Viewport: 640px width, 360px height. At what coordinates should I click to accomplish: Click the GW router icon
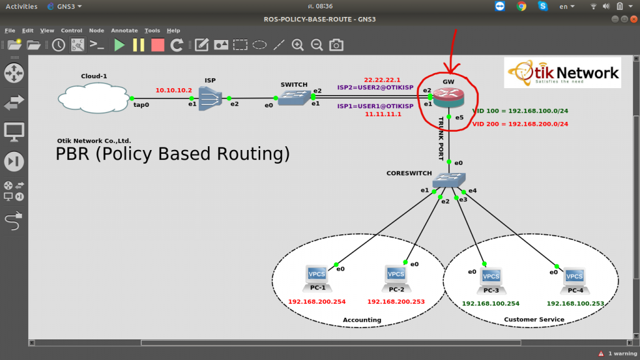[449, 97]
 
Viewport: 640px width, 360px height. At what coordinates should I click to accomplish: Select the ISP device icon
[210, 99]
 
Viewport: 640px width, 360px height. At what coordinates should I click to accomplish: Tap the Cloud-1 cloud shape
[94, 98]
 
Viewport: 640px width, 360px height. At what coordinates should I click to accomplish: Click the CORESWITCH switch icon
[449, 180]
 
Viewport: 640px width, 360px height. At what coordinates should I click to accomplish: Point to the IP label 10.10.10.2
[174, 90]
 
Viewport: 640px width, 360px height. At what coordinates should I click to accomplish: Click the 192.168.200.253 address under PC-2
[396, 302]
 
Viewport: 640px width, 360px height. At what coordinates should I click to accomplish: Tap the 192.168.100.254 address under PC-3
[491, 304]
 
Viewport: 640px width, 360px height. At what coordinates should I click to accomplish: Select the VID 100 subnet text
[520, 111]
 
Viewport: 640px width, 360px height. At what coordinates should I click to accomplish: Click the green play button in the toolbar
[119, 45]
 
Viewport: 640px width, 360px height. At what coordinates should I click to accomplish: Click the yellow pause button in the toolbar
[138, 45]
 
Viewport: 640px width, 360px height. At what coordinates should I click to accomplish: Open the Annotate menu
[124, 31]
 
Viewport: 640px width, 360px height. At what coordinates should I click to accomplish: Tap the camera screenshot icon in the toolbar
[336, 45]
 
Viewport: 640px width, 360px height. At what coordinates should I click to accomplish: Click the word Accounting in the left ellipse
[362, 320]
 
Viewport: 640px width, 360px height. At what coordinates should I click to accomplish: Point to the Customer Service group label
[534, 319]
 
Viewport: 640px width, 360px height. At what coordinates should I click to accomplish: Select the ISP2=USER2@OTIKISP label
[375, 87]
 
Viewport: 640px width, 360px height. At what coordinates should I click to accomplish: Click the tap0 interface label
[141, 105]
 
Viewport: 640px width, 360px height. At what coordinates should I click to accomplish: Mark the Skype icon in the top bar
[542, 6]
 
